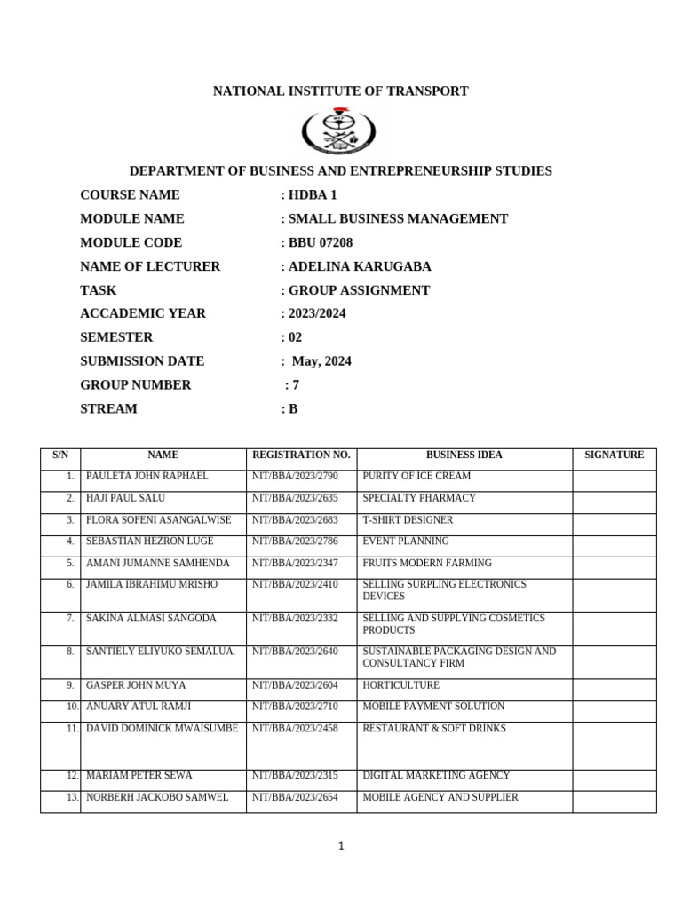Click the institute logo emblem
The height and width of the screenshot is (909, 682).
340,130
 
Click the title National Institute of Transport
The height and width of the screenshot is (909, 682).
340,91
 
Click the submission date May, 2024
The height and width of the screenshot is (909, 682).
321,361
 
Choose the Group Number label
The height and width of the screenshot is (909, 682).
136,385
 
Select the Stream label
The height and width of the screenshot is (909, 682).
108,409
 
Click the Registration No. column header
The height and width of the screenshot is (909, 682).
301,454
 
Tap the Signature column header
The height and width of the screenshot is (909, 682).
614,454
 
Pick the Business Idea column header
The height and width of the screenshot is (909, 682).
464,454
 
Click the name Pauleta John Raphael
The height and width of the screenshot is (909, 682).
147,477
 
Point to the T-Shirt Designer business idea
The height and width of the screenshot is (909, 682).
408,520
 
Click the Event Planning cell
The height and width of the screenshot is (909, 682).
406,541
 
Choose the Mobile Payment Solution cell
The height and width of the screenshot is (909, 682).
433,707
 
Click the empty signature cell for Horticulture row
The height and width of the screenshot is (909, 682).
614,685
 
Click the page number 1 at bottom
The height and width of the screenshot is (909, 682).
341,846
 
